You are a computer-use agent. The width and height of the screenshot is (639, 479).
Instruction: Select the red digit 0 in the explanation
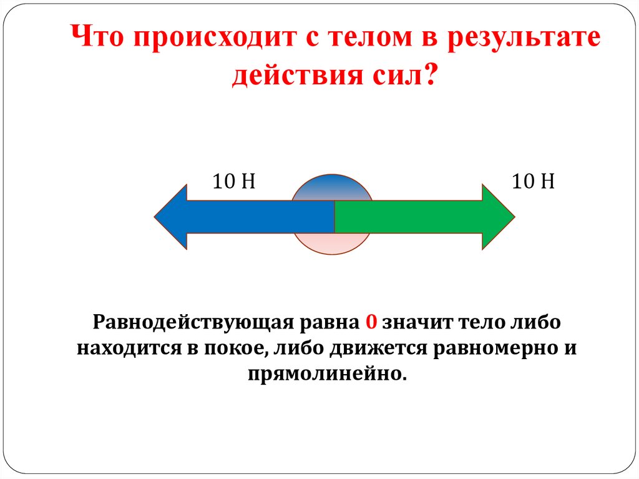[x=371, y=323]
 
